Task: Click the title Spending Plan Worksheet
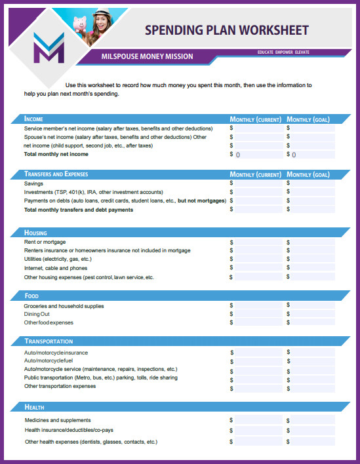[226, 30]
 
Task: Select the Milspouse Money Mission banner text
[148, 56]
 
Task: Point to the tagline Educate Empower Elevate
[283, 52]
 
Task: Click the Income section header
[34, 119]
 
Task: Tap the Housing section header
[35, 233]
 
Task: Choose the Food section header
[31, 296]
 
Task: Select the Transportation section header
[49, 341]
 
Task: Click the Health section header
[34, 408]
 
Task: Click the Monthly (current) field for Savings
[256, 184]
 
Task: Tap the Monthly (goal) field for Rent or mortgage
[313, 242]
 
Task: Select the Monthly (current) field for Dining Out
[256, 314]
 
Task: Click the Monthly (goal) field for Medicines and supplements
[313, 420]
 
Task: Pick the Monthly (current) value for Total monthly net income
[256, 155]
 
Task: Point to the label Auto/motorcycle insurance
[56, 353]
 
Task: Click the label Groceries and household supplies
[64, 306]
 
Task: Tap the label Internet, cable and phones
[56, 268]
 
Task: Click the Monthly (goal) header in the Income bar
[308, 119]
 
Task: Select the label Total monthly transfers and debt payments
[78, 210]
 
